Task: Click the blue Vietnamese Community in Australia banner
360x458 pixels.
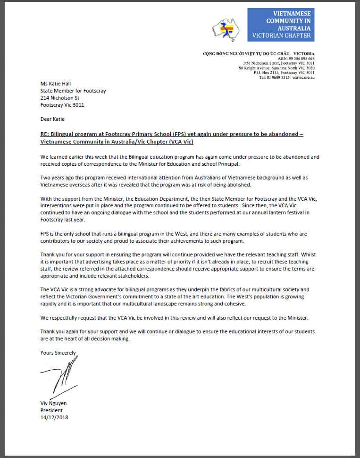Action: click(x=281, y=25)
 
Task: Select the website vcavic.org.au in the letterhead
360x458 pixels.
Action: click(x=303, y=77)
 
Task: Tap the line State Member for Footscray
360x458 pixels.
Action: click(x=73, y=91)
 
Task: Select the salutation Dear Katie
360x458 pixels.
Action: click(x=52, y=119)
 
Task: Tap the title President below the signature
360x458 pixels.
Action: click(x=51, y=410)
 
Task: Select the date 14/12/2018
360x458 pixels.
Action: click(x=54, y=417)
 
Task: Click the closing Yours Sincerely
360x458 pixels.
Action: click(x=58, y=353)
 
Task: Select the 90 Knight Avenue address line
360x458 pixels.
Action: click(x=276, y=68)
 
